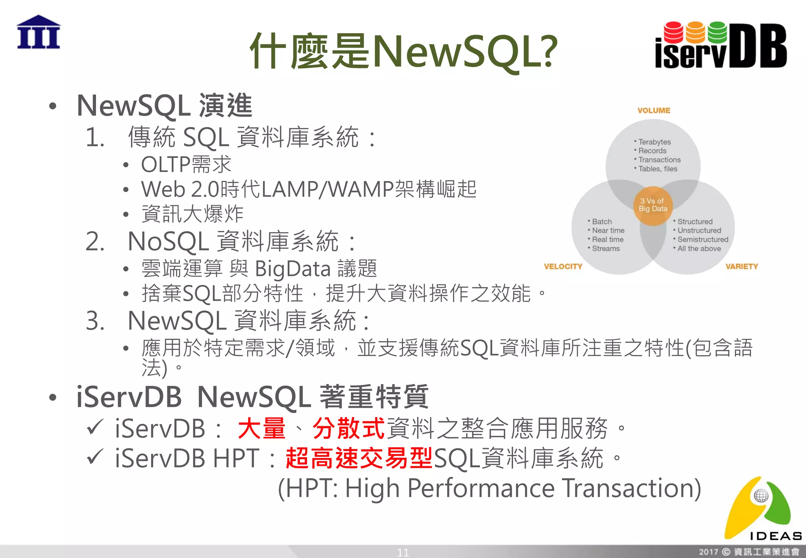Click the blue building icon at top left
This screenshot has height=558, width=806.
39,32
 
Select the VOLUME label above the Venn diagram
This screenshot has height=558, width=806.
654,111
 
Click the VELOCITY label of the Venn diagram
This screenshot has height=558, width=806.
563,266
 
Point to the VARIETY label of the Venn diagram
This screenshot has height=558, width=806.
741,266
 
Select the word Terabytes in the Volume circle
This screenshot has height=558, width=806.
654,142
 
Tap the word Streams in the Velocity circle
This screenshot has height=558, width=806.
606,249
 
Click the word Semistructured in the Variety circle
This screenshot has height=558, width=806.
702,239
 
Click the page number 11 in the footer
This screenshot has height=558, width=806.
403,552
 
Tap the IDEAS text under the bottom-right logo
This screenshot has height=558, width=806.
775,536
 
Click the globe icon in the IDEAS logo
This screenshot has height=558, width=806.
761,496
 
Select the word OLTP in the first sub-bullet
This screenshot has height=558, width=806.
166,164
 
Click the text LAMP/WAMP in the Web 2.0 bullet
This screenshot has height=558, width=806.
327,189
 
